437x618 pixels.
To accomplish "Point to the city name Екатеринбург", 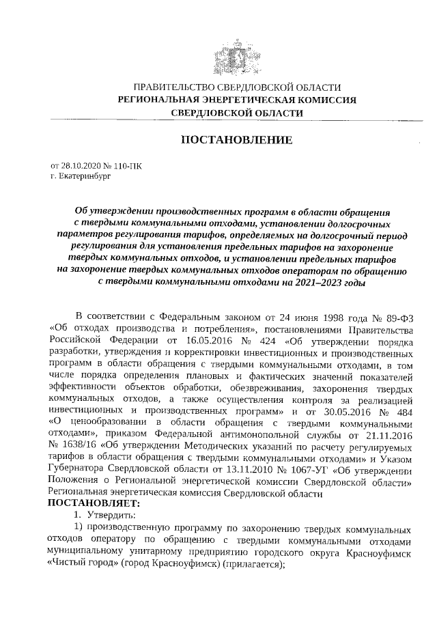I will [80, 176].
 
